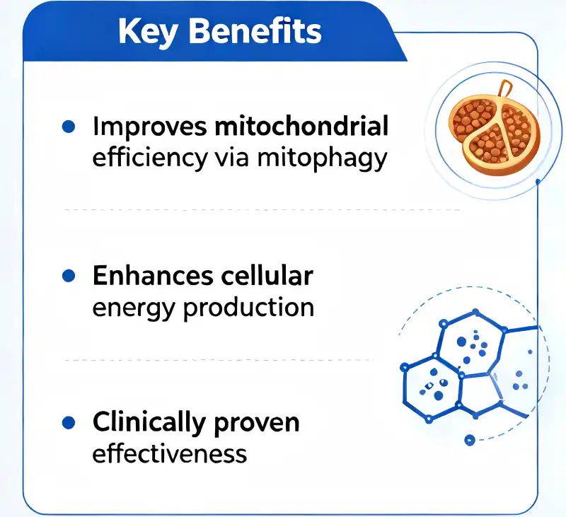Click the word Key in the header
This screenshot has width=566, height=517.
coord(148,33)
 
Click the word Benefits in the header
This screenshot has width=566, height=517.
coord(255,30)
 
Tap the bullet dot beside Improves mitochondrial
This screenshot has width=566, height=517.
coord(69,127)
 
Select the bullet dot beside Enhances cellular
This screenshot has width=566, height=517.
coord(69,276)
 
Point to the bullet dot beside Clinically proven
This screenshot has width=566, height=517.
coord(69,422)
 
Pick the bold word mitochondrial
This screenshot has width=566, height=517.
coord(301,126)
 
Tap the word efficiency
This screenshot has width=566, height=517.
coord(150,158)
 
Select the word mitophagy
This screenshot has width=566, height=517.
coord(322,159)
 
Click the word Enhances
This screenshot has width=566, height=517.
coord(153,276)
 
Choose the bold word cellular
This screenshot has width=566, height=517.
coord(267,275)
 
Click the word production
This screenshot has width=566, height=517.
coord(249,308)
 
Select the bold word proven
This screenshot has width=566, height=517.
coord(257,424)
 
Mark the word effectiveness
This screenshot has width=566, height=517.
coord(170,453)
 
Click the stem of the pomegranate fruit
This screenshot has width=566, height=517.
coord(505,91)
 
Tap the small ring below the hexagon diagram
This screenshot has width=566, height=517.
coord(469,440)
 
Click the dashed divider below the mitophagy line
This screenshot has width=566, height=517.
coord(262,209)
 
